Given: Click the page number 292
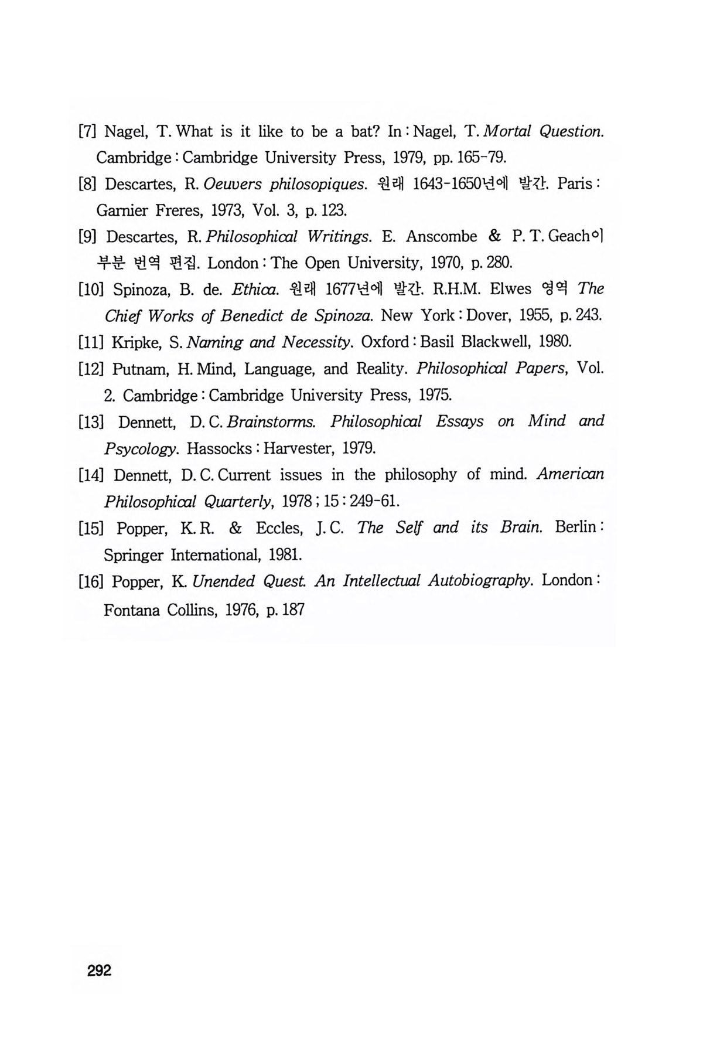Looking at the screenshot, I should coord(99,971).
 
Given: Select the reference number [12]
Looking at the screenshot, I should coord(91,369).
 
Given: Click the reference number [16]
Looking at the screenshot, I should coord(91,582).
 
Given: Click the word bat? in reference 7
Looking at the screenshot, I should coord(362,131).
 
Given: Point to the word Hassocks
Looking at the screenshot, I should coord(219,449).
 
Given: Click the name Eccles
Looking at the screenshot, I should coord(279,528).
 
